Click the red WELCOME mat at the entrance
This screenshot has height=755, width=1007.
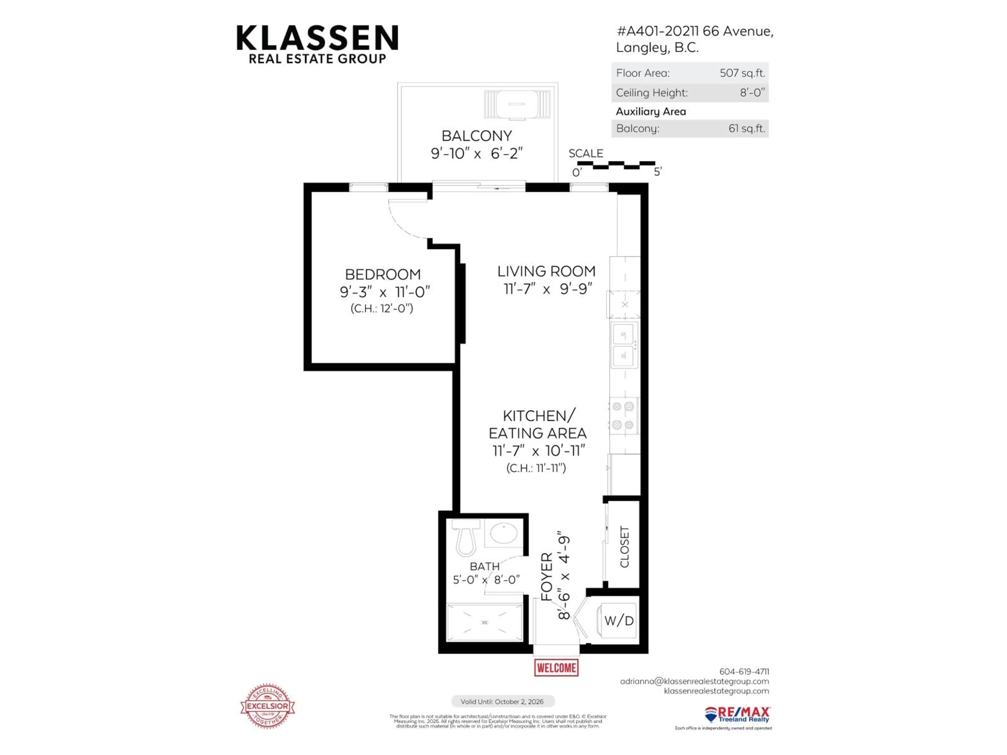tap(556, 668)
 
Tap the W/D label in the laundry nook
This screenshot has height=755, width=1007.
tap(619, 620)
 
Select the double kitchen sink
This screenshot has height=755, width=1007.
tap(624, 344)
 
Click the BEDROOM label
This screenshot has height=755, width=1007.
tap(383, 274)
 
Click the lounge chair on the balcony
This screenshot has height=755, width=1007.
tap(517, 104)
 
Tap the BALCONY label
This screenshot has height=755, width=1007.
tap(477, 136)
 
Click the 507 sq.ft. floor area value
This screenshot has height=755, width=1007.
tap(742, 73)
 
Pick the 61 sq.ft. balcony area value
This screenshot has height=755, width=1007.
tap(747, 128)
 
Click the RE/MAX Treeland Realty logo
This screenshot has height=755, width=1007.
tap(737, 714)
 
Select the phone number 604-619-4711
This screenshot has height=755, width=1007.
tap(744, 671)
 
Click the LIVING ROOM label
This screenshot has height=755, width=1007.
tap(546, 271)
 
